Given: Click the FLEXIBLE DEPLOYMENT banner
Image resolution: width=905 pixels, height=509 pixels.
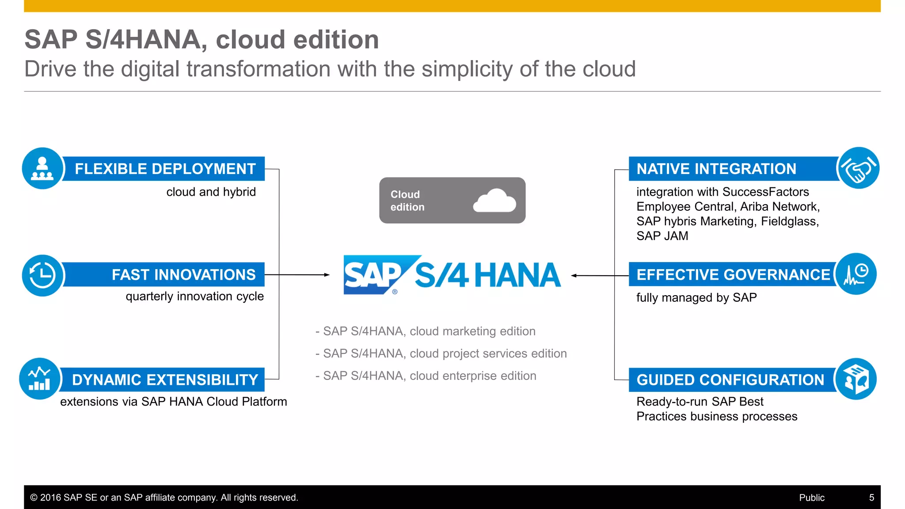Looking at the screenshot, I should pyautogui.click(x=165, y=169).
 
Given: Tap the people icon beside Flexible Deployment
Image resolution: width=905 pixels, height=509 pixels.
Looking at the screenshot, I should pyautogui.click(x=42, y=168).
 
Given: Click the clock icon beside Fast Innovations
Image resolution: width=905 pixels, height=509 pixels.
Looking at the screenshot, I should pyautogui.click(x=42, y=275).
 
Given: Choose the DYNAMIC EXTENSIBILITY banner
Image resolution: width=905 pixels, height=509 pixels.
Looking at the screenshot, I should pyautogui.click(x=165, y=380).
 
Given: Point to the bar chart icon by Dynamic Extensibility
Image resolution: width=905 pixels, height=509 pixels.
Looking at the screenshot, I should pyautogui.click(x=40, y=379).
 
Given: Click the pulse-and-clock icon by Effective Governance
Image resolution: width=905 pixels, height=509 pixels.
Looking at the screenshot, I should pyautogui.click(x=856, y=274).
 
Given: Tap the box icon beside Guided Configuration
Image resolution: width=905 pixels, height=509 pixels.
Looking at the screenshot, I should pyautogui.click(x=856, y=379).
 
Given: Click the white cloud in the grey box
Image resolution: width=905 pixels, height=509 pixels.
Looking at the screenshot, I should pyautogui.click(x=494, y=201).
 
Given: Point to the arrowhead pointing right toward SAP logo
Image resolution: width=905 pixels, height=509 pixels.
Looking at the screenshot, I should pyautogui.click(x=327, y=275).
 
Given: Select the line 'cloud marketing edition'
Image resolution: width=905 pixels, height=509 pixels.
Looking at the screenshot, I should pyautogui.click(x=426, y=331).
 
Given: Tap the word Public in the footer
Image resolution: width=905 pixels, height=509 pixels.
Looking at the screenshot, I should pyautogui.click(x=811, y=498).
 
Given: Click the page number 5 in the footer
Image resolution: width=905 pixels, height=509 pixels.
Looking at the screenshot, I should pyautogui.click(x=871, y=498).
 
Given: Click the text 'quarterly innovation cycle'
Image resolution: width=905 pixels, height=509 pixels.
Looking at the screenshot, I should pyautogui.click(x=194, y=296).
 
